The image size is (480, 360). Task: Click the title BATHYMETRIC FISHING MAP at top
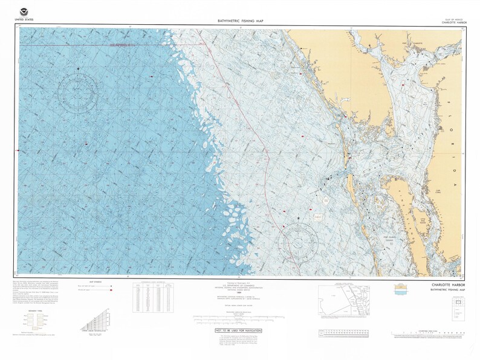tap(239, 21)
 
